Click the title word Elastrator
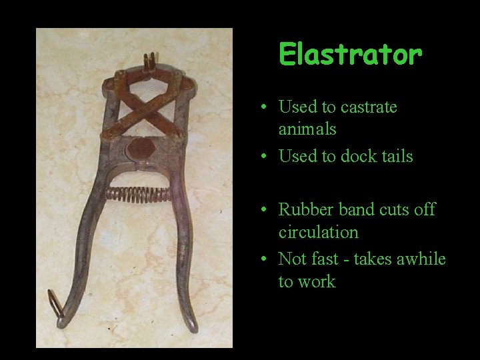pyautogui.click(x=350, y=55)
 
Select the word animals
pyautogui.click(x=307, y=129)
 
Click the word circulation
pyautogui.click(x=318, y=233)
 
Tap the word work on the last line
pyautogui.click(x=317, y=281)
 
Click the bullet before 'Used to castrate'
pyautogui.click(x=265, y=107)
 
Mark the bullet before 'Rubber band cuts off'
pyautogui.click(x=265, y=210)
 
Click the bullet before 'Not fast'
pyautogui.click(x=265, y=259)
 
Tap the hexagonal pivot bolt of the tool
pyautogui.click(x=141, y=150)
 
